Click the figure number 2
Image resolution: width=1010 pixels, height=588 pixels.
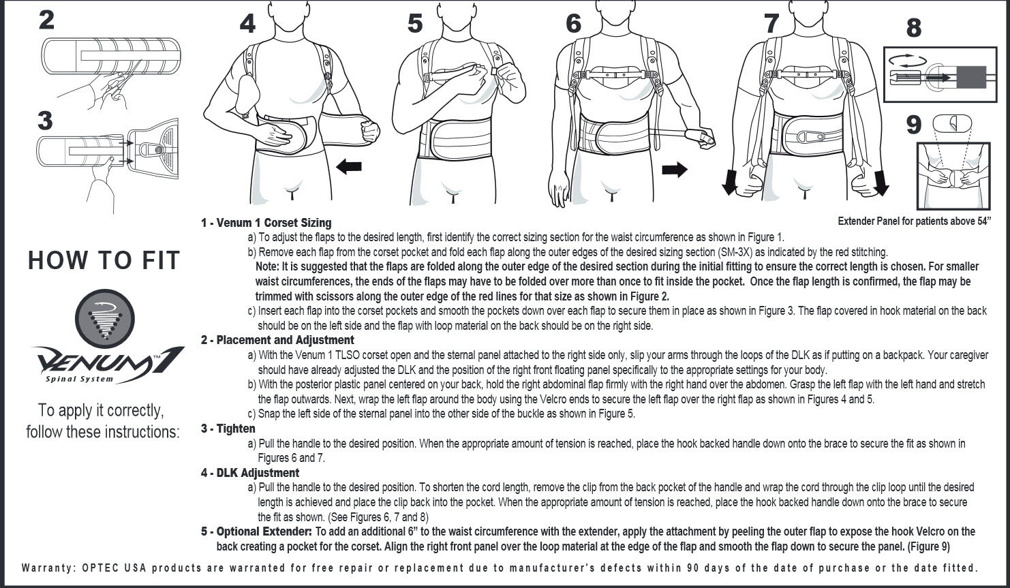[46, 19]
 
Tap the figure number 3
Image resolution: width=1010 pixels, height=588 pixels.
[44, 121]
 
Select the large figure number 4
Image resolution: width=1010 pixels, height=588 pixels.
[247, 24]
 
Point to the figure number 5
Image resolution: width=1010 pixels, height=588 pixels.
[415, 24]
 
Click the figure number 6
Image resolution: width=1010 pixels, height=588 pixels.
[574, 24]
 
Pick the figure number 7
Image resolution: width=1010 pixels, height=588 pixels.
[771, 24]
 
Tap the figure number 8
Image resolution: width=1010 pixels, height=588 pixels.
[914, 29]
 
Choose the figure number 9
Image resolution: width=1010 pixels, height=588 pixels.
[915, 125]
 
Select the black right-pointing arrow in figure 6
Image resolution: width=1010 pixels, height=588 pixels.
[675, 170]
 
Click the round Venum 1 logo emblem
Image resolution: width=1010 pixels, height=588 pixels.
[104, 320]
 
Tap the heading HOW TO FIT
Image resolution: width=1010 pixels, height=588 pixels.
[104, 260]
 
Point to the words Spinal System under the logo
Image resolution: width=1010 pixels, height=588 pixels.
[79, 379]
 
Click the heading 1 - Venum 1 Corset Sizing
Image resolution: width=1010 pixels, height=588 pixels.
[266, 223]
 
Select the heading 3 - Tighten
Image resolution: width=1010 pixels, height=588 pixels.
[228, 429]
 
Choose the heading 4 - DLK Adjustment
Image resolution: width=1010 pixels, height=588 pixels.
[250, 473]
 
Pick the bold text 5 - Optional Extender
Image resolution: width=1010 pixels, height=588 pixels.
[256, 531]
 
